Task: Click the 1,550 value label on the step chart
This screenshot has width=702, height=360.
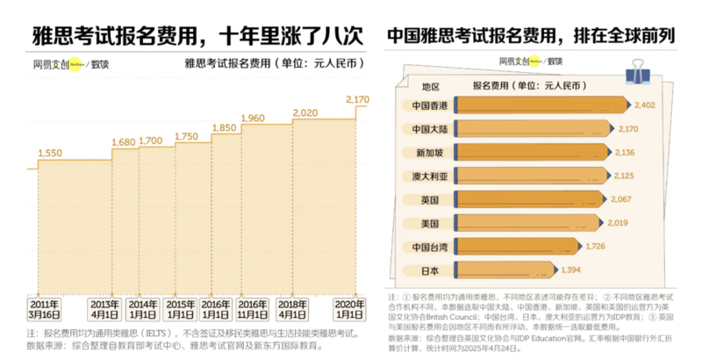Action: pos(50,153)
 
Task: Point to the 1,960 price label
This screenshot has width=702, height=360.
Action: pos(252,119)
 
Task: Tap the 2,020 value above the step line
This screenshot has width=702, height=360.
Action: pos(304,113)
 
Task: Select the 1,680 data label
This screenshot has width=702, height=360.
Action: pos(124,142)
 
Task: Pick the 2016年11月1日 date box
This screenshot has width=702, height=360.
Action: pos(252,309)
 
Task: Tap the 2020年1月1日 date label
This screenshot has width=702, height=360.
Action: pos(349,309)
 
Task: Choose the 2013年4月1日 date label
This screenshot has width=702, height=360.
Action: pos(105,309)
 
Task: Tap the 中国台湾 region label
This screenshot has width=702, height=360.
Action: pos(429,246)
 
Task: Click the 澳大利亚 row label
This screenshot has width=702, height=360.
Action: pos(429,176)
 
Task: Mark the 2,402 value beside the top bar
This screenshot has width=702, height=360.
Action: pos(645,105)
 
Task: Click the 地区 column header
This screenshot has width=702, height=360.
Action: pos(430,86)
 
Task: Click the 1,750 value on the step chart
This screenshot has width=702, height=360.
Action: pos(187,136)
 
